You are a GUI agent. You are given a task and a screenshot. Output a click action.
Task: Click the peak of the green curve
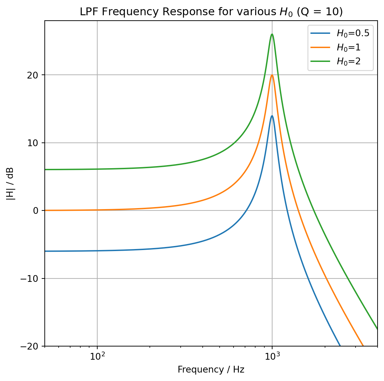click(x=272, y=34)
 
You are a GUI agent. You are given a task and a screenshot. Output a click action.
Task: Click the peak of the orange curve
click(x=272, y=75)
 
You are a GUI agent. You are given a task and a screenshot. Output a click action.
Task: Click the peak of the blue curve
click(x=272, y=116)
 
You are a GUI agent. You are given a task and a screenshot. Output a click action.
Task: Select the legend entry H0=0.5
click(x=352, y=33)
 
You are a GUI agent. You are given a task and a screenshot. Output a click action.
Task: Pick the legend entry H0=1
click(x=348, y=47)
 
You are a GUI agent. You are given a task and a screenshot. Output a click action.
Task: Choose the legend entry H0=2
click(x=348, y=61)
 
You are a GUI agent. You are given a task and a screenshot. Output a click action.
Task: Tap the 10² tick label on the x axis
click(x=97, y=356)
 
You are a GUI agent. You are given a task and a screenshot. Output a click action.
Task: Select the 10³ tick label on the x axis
click(x=272, y=356)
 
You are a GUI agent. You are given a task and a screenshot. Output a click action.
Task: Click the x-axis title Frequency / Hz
click(x=211, y=369)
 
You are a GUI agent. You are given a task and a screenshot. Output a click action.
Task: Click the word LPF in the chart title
click(x=87, y=12)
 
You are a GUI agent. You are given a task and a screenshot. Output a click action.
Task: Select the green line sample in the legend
click(x=320, y=61)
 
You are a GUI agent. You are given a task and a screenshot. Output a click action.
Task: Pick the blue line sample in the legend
click(x=320, y=33)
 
